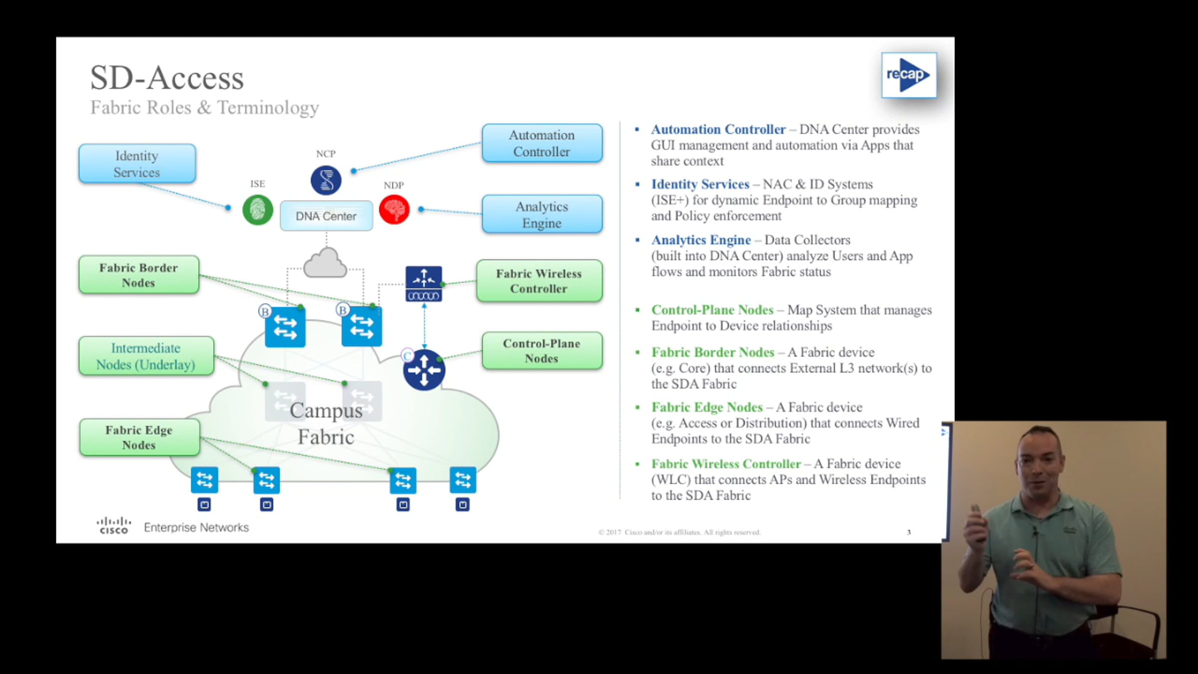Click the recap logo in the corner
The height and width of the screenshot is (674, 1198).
(x=908, y=75)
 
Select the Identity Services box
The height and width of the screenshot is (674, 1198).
(x=137, y=164)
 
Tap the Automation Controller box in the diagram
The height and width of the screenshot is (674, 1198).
(x=542, y=143)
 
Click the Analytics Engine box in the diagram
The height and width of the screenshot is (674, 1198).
(x=542, y=214)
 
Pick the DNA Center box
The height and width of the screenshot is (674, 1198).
(x=326, y=216)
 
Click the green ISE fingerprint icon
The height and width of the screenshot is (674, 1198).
(x=258, y=210)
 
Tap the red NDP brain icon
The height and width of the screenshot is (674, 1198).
(x=394, y=210)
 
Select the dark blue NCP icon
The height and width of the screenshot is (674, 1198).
(x=326, y=180)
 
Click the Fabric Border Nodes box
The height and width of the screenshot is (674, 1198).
(x=139, y=275)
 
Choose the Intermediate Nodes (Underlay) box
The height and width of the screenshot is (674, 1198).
(x=146, y=356)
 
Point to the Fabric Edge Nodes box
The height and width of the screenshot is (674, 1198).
(x=139, y=437)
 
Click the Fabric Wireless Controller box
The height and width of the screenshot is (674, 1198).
(x=539, y=281)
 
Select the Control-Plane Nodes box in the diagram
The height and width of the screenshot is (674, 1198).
(x=542, y=351)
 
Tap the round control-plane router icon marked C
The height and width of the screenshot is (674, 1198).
(x=424, y=370)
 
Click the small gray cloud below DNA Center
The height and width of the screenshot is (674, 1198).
(x=325, y=263)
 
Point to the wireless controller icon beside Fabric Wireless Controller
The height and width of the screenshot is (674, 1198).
(x=424, y=284)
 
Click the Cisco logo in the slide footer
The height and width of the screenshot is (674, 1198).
(x=114, y=526)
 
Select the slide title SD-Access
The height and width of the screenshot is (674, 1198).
(x=167, y=78)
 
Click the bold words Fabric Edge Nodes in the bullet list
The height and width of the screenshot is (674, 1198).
(x=707, y=407)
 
